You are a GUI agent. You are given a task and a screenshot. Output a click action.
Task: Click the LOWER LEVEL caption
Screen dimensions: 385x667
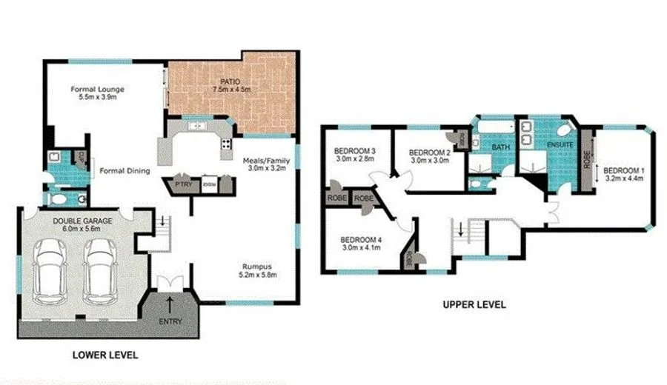click(x=105, y=355)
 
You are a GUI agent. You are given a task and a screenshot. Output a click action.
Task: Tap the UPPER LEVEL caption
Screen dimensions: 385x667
click(x=474, y=304)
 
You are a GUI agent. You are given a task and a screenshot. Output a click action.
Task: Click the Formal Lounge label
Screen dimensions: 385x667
click(x=97, y=93)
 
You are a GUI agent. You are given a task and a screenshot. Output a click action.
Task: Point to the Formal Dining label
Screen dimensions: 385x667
click(x=125, y=171)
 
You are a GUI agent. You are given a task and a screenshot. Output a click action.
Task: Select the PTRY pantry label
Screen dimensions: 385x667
click(x=182, y=184)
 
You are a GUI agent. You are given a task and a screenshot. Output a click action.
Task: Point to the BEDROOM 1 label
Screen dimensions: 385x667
click(x=625, y=175)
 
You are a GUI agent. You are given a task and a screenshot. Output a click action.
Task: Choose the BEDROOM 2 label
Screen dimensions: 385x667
click(x=431, y=156)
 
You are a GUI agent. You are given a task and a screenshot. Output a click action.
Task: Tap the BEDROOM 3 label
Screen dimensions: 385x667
click(x=356, y=155)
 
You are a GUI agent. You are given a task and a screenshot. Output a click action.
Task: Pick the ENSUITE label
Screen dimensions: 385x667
click(x=560, y=145)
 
